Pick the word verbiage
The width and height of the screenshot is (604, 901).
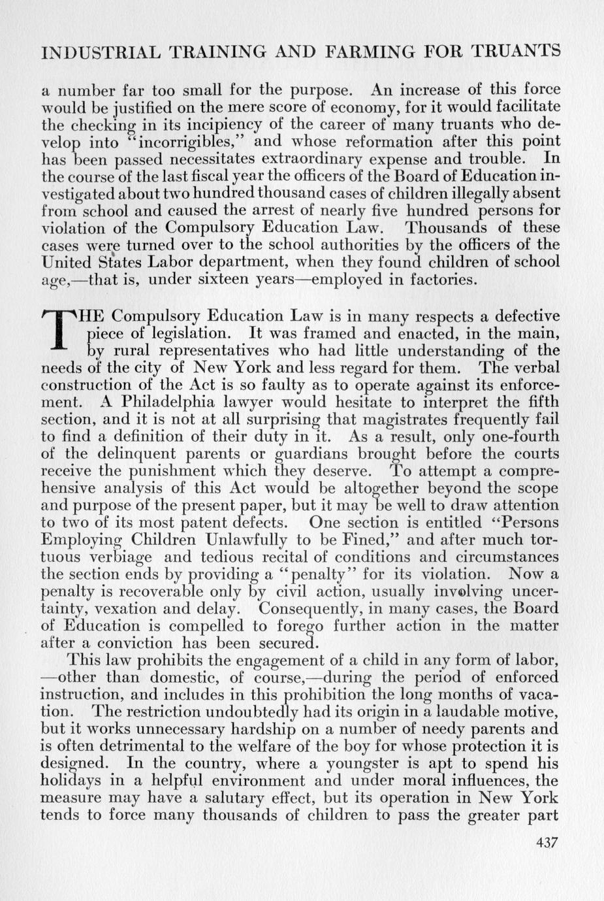[119, 557]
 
